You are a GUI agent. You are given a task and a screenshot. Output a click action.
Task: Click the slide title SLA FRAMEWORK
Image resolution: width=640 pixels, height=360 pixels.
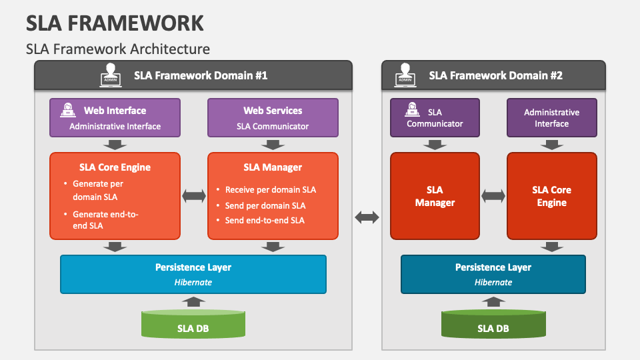tap(115, 23)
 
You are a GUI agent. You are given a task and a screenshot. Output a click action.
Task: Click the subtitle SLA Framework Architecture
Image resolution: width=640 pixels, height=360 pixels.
tap(118, 49)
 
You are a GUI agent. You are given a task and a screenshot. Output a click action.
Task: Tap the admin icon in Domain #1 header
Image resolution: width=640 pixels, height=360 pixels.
tap(111, 75)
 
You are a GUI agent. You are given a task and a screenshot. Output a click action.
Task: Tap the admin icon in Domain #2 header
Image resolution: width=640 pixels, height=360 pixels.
tap(405, 75)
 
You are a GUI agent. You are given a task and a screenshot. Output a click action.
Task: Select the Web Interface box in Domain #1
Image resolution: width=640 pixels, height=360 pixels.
tap(115, 117)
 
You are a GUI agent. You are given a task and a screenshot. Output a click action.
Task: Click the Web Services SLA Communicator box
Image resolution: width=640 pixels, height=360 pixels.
tap(273, 117)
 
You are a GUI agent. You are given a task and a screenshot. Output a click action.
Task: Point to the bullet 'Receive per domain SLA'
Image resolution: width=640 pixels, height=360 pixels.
tap(270, 189)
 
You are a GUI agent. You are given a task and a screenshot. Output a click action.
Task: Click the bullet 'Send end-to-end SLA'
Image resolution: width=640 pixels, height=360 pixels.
tap(264, 220)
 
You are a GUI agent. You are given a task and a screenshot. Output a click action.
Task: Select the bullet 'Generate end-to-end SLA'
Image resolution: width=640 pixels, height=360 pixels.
tap(105, 219)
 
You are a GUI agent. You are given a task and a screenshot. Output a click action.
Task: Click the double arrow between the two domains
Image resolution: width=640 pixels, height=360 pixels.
tap(367, 217)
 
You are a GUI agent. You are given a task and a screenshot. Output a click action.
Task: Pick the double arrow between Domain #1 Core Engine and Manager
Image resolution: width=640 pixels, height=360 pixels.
tap(194, 195)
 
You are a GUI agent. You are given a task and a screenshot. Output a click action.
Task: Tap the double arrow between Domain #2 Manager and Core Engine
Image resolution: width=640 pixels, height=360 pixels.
tap(493, 195)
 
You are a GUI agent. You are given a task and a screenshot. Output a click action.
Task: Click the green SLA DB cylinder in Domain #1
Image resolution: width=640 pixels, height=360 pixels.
tap(193, 325)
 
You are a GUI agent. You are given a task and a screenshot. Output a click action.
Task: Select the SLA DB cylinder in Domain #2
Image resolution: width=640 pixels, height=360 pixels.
tap(493, 325)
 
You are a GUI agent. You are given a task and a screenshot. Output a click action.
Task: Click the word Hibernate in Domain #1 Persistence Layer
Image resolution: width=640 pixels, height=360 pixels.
tap(193, 282)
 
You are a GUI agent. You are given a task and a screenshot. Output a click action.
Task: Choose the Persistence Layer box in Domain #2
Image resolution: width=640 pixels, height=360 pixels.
tap(493, 273)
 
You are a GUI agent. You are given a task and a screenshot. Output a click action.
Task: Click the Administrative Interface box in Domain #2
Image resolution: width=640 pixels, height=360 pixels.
tap(551, 117)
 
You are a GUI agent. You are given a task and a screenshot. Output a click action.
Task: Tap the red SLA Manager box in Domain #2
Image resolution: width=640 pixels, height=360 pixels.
tap(435, 196)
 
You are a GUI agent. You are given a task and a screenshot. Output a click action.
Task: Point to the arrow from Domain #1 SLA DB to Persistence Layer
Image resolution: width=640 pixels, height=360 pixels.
tap(193, 301)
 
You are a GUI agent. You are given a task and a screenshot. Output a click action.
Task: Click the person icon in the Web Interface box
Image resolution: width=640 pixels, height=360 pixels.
tap(68, 111)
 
